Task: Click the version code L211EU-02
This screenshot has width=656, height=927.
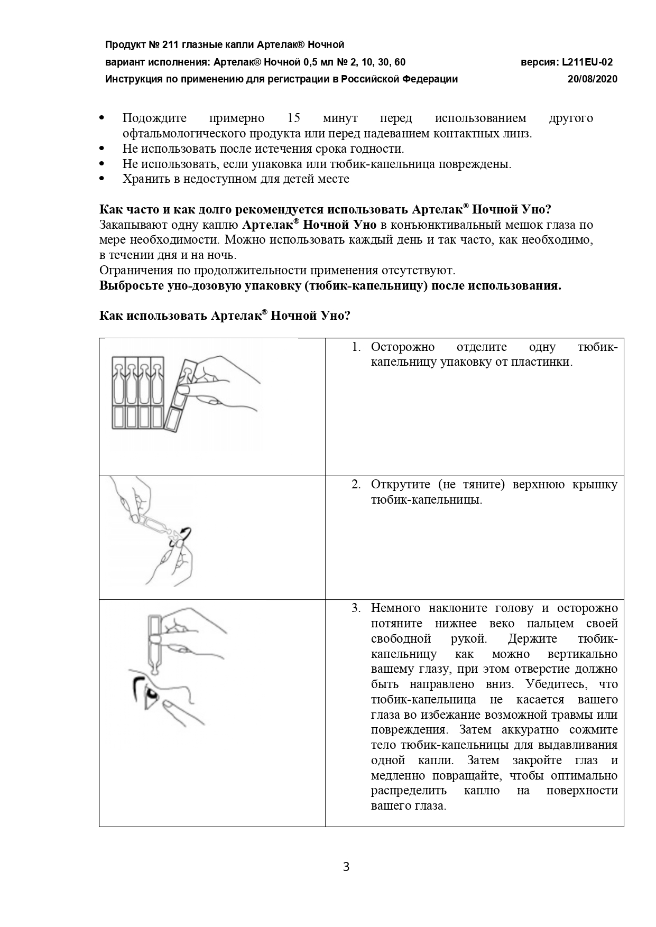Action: point(587,62)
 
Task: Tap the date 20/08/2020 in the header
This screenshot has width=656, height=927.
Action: point(592,79)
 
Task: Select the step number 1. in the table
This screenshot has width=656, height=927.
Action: point(356,347)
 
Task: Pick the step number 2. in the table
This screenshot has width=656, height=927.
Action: point(356,485)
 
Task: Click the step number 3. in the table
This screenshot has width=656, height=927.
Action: point(356,608)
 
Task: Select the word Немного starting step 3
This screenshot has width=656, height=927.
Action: point(395,608)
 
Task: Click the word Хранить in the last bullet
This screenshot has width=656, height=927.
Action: point(144,179)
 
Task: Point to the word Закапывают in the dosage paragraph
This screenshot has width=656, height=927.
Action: point(133,225)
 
